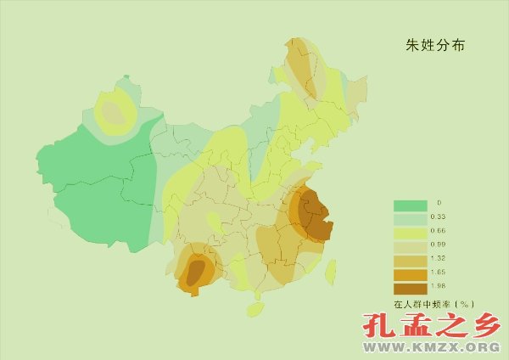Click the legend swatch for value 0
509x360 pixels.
pos(410,205)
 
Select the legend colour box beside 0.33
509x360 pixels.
pos(410,218)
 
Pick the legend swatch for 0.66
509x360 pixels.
pos(410,232)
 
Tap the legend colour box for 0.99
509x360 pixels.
pos(410,246)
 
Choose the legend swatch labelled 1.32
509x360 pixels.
pos(410,260)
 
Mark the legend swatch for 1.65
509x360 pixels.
pos(410,273)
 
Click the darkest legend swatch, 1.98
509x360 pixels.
pos(410,287)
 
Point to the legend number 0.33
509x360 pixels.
pos(438,218)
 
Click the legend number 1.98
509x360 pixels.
pos(438,287)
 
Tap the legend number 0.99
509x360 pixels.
pos(438,246)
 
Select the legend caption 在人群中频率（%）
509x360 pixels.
pos(432,303)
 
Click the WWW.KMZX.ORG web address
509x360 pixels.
pos(430,347)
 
